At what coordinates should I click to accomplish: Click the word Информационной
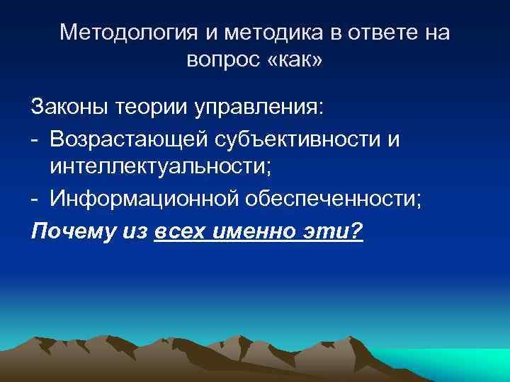(x=143, y=199)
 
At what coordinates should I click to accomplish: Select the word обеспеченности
(x=333, y=199)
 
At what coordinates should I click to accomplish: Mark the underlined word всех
(x=177, y=229)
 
